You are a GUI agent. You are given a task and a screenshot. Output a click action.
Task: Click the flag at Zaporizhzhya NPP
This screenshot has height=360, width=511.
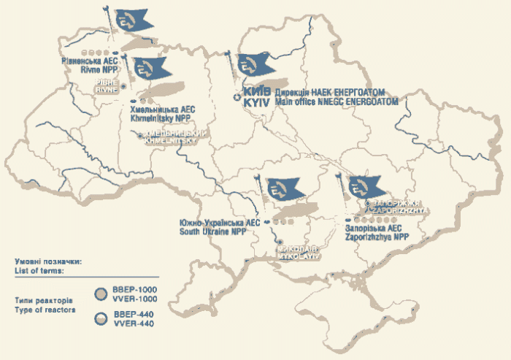point(365,187)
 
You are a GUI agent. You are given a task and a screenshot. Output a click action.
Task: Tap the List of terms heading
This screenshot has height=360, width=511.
point(38,269)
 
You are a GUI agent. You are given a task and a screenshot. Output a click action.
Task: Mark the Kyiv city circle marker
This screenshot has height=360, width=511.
point(237,98)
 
